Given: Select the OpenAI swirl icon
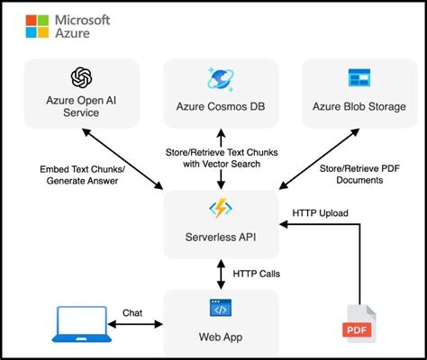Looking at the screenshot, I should click(x=83, y=77).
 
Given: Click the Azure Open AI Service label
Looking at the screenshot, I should click(x=83, y=107).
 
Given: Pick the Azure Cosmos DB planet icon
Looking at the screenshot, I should click(x=220, y=78).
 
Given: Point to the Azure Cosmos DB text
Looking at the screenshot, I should click(x=220, y=107).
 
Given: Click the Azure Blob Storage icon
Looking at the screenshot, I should click(x=359, y=77).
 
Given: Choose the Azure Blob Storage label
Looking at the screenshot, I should click(x=358, y=107).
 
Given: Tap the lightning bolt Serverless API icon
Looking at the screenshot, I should click(x=220, y=209).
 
